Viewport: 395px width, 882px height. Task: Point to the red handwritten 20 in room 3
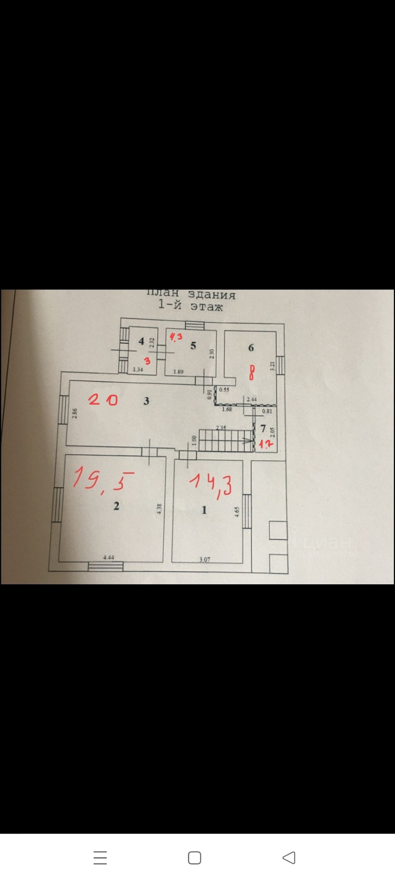tap(103, 400)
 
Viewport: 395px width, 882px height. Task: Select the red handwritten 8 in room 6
tap(252, 372)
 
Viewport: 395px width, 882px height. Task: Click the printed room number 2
tap(116, 506)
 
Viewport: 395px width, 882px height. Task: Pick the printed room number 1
tap(204, 510)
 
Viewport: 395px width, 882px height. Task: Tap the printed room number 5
tap(193, 346)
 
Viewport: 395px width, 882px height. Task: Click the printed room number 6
tap(251, 347)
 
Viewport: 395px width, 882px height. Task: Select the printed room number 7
tap(263, 429)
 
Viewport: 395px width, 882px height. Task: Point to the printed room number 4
tap(141, 341)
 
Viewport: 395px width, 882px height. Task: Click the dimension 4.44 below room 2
tap(109, 557)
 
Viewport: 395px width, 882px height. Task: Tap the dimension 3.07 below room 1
tap(205, 559)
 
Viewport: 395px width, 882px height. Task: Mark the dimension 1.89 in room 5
tap(179, 372)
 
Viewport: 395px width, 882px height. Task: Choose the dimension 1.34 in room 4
tap(138, 370)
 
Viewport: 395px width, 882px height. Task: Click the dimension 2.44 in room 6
tap(252, 399)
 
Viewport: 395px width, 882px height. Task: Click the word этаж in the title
tap(207, 307)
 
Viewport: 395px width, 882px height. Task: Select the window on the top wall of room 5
tap(194, 325)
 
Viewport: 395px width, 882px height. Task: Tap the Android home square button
tap(194, 858)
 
